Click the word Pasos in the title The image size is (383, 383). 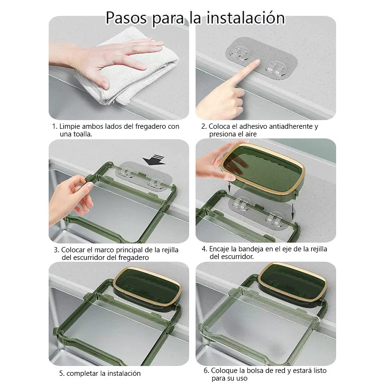click(x=126, y=18)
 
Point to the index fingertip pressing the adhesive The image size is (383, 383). click(x=257, y=63)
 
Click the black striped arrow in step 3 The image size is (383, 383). click(x=154, y=160)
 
